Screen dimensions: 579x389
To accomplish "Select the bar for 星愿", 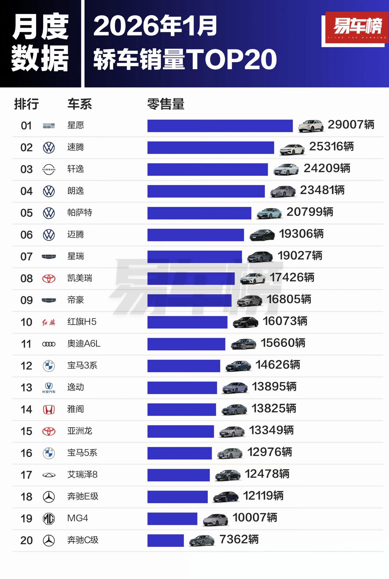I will point(220,126).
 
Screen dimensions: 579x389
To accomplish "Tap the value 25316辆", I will point(331,147).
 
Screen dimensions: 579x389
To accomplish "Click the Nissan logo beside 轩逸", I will point(49,169).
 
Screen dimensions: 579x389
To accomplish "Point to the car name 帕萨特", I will point(80,212).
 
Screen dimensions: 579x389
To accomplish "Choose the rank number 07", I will point(26,256).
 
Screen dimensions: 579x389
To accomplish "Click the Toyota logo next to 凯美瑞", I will point(49,278).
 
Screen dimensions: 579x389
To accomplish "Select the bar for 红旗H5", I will point(187,322).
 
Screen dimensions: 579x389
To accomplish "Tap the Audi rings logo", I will point(49,344).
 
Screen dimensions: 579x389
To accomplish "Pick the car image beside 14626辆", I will point(238,366).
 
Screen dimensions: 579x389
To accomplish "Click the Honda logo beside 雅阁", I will point(49,410).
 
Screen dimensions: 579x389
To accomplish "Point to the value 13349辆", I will point(271,431).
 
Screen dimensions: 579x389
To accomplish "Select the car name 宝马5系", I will point(82,453).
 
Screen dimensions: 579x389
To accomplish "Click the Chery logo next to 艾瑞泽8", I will point(49,475).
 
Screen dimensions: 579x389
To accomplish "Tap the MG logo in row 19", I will point(49,518).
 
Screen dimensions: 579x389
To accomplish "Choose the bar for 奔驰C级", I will point(165,540).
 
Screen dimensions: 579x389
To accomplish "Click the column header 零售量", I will point(166,104).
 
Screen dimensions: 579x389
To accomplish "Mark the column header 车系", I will point(79,104).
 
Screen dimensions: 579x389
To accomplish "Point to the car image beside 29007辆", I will point(311,126).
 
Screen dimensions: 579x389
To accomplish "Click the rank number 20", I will point(26,540).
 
